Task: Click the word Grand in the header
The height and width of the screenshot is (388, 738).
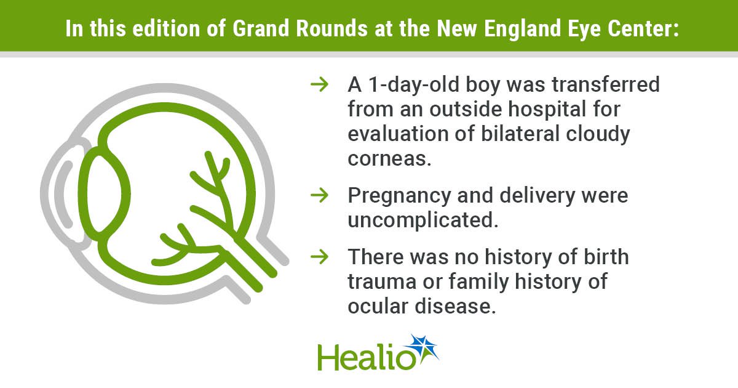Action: pyautogui.click(x=261, y=28)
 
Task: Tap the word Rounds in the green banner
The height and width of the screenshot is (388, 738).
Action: pyautogui.click(x=331, y=28)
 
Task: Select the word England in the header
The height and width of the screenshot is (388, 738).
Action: pyautogui.click(x=523, y=30)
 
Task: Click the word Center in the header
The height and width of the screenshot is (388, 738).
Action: pyautogui.click(x=643, y=28)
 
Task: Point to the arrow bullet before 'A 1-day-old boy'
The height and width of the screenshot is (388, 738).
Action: pyautogui.click(x=319, y=84)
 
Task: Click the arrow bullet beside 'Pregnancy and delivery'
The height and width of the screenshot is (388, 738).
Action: pyautogui.click(x=319, y=195)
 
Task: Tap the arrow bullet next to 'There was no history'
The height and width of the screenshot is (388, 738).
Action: pyautogui.click(x=319, y=257)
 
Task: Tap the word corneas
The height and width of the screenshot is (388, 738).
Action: pyautogui.click(x=389, y=159)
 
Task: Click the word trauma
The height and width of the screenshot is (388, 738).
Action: pyautogui.click(x=382, y=282)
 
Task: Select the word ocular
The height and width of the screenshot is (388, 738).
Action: pyautogui.click(x=378, y=306)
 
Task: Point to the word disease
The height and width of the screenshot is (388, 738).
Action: pyautogui.click(x=455, y=306)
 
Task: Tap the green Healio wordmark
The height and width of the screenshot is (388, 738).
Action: pyautogui.click(x=366, y=357)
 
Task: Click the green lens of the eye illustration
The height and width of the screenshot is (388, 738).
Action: pyautogui.click(x=104, y=193)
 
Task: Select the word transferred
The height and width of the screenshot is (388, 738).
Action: pyautogui.click(x=606, y=84)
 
